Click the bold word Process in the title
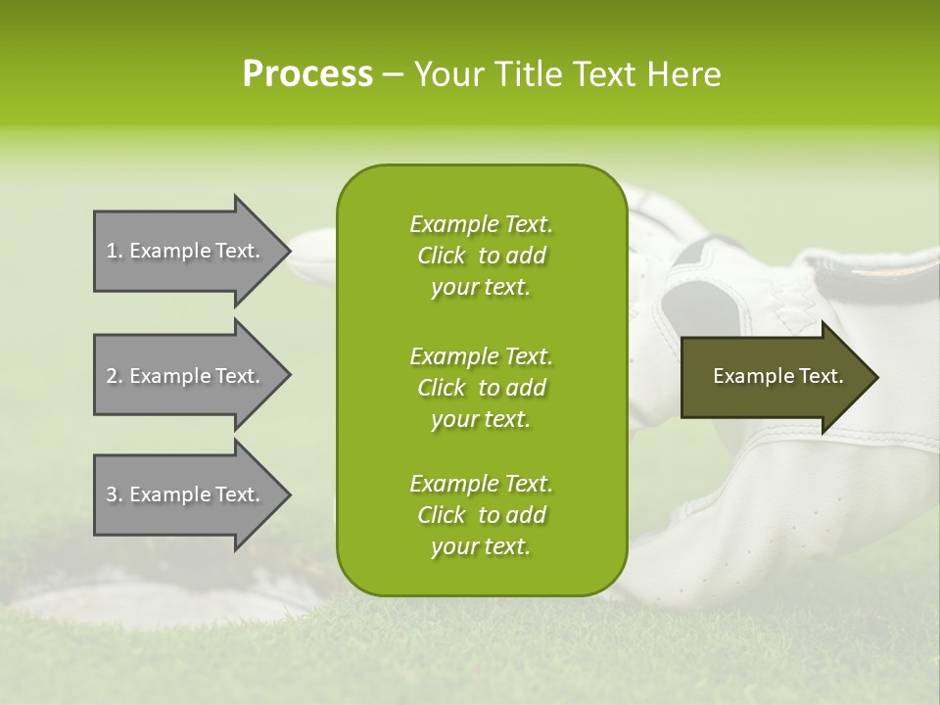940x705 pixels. point(307,74)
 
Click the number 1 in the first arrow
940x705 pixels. point(112,252)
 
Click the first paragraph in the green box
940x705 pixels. point(481,256)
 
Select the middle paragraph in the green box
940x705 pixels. point(481,387)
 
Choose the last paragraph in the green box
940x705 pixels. point(481,515)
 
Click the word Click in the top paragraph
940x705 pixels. point(442,257)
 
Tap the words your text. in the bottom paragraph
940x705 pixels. point(481,547)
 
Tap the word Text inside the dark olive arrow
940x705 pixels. point(822,377)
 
